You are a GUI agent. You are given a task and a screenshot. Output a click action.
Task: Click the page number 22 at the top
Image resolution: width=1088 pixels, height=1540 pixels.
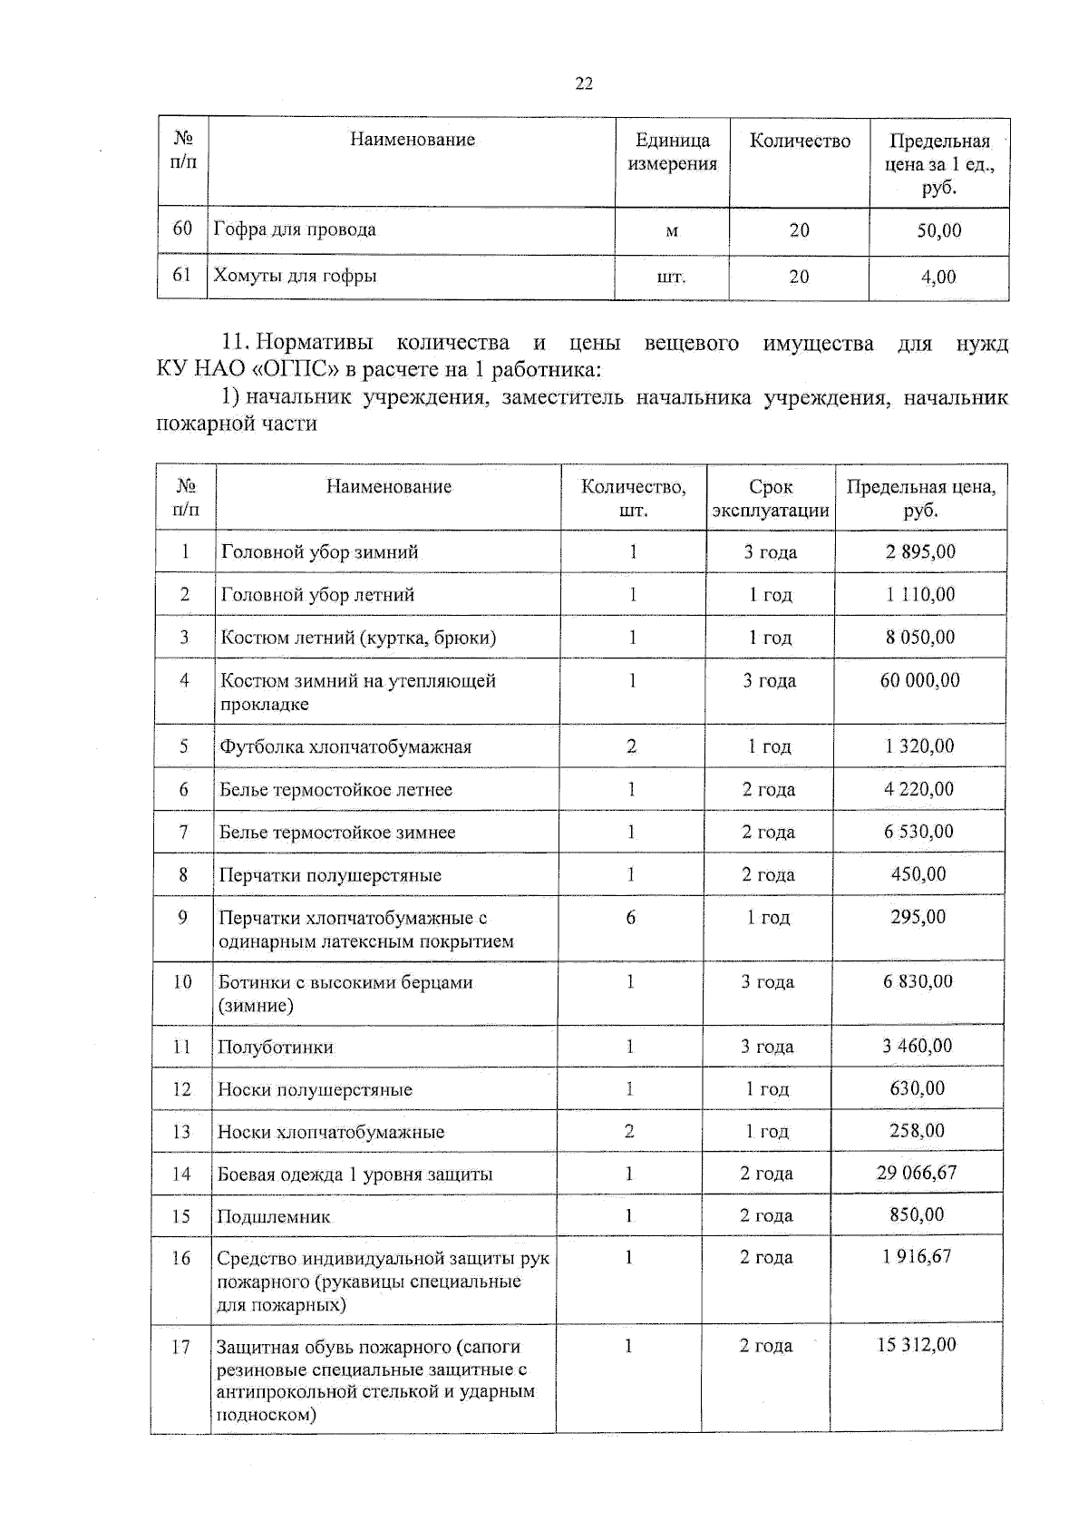[584, 83]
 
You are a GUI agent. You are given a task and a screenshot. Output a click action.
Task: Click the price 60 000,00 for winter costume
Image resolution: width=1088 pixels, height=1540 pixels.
[919, 680]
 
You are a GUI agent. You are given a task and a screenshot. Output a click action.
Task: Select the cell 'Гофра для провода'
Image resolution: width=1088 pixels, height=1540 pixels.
[295, 229]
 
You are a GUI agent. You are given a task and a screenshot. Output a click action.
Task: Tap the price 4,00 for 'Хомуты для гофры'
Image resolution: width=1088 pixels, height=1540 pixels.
[938, 278]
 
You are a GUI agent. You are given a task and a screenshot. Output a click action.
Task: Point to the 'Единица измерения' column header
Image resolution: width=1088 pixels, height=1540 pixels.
[672, 152]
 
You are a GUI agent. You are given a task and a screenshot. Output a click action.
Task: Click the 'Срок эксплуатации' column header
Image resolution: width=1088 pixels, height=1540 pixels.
[771, 499]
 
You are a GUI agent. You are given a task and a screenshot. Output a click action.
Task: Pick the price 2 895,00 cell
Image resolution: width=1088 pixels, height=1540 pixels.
[920, 551]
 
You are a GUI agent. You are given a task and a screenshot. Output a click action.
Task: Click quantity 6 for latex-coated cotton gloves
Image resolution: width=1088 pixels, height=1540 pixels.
[630, 918]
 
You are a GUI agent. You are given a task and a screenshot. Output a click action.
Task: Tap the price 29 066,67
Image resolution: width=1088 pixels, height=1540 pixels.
[917, 1173]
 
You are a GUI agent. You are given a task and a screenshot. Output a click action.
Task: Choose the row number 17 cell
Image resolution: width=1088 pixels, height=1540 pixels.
[181, 1347]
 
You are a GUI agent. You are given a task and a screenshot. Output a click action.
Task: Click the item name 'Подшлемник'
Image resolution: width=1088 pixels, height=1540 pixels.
[274, 1217]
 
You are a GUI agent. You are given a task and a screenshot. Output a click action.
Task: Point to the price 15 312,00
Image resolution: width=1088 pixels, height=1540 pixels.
[916, 1345]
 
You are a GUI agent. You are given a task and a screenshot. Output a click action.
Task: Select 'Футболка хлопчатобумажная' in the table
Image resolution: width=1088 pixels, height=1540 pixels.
[345, 747]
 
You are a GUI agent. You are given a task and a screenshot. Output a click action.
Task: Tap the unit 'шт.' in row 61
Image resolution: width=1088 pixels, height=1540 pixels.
[671, 278]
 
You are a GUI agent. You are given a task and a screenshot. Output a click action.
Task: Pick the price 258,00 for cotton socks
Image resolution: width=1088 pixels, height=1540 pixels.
[917, 1131]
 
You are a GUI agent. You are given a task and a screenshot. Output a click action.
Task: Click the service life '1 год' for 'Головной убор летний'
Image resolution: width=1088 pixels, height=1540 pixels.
[771, 595]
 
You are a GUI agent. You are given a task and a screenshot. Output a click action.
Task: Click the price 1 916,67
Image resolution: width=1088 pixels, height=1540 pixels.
[917, 1257]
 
